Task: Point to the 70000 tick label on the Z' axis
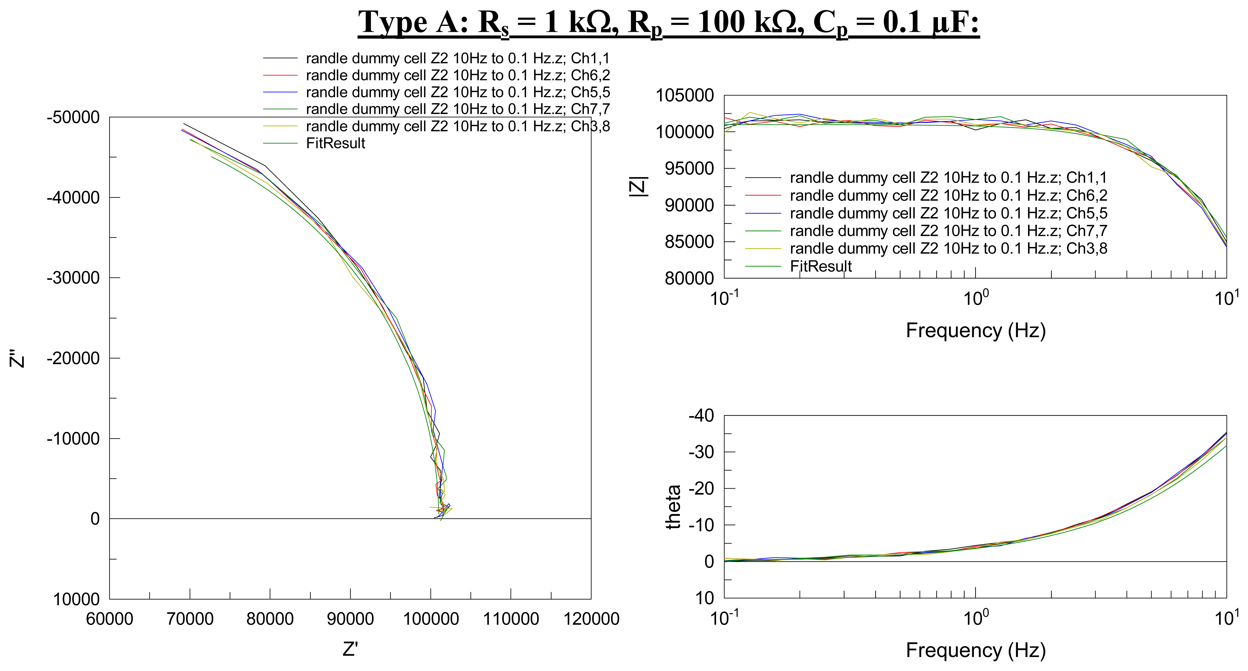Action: point(190,619)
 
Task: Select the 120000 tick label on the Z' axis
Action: point(591,619)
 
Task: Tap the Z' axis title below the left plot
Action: point(350,649)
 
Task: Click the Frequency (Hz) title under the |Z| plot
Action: point(975,330)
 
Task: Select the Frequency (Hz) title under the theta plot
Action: point(975,650)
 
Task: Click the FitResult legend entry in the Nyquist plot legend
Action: point(335,143)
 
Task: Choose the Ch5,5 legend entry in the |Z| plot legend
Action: point(948,213)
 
